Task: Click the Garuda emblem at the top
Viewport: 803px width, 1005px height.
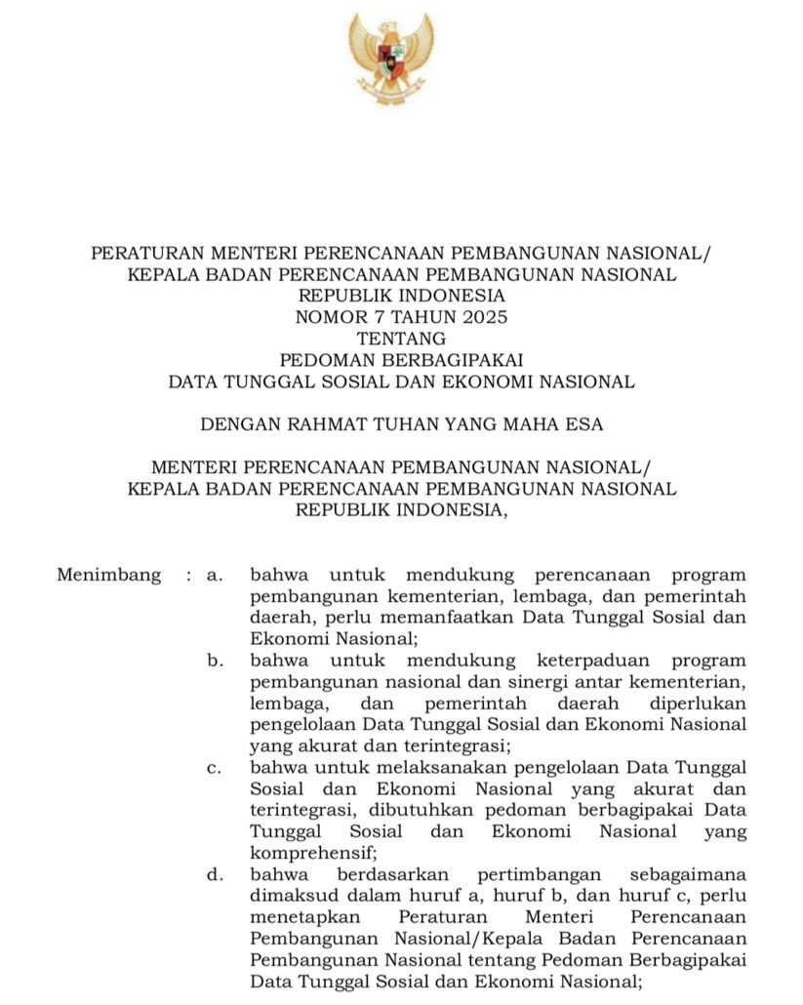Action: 390,60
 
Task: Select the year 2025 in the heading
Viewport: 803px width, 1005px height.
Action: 484,317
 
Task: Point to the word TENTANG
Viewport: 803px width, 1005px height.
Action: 401,339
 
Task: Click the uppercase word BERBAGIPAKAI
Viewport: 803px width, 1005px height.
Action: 452,360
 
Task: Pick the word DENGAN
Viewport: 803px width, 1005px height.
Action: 238,424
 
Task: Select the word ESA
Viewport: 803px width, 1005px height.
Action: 584,424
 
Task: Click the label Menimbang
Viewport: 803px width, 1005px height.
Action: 108,575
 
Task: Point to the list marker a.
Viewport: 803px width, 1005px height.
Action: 214,575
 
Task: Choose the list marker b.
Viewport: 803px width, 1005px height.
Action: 214,662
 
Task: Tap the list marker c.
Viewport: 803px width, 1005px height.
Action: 214,768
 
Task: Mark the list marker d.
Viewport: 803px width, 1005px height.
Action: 214,874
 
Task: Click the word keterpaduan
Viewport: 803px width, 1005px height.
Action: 590,662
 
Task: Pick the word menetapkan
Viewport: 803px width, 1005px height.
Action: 305,917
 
